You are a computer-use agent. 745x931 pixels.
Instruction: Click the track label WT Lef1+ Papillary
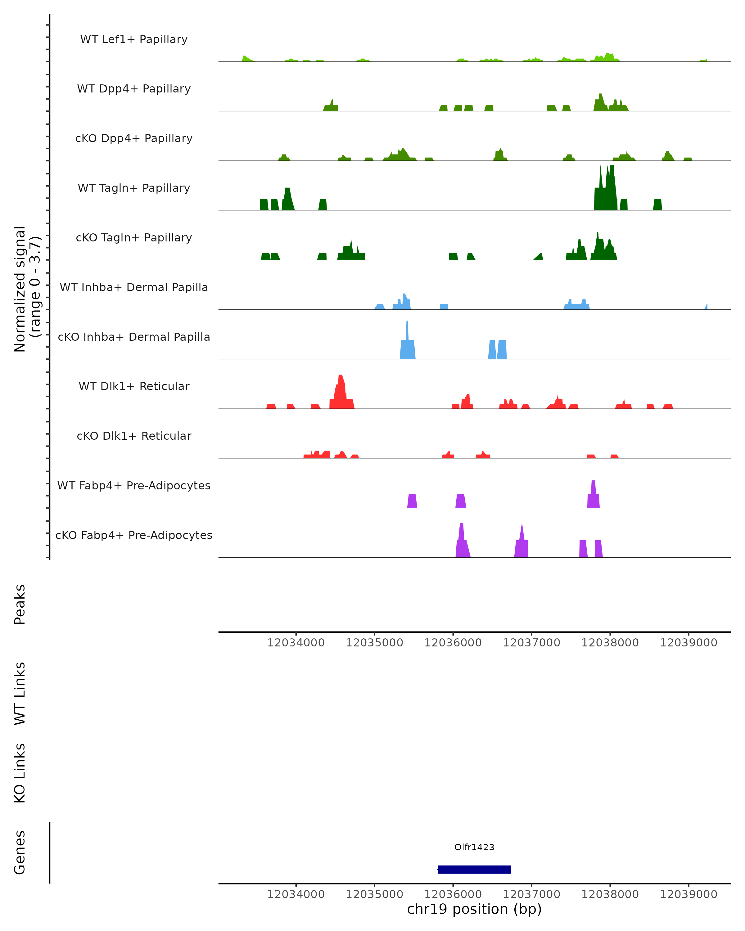pyautogui.click(x=134, y=39)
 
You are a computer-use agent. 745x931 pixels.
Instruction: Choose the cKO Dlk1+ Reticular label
pyautogui.click(x=134, y=436)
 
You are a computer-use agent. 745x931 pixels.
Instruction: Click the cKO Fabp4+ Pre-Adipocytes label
pyautogui.click(x=134, y=535)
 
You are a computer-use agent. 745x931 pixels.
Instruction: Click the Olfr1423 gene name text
pyautogui.click(x=474, y=847)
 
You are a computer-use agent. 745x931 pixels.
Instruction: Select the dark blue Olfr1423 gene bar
pyautogui.click(x=474, y=869)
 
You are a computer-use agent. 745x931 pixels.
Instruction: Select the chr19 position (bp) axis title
pyautogui.click(x=474, y=909)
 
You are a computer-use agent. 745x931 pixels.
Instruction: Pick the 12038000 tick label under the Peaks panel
pyautogui.click(x=610, y=643)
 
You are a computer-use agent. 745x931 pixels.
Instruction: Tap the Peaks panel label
pyautogui.click(x=20, y=604)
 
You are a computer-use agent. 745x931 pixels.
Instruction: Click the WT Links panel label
pyautogui.click(x=20, y=693)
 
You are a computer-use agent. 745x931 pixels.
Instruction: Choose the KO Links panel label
pyautogui.click(x=20, y=773)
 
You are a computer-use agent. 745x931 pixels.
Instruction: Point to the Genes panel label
pyautogui.click(x=20, y=852)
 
